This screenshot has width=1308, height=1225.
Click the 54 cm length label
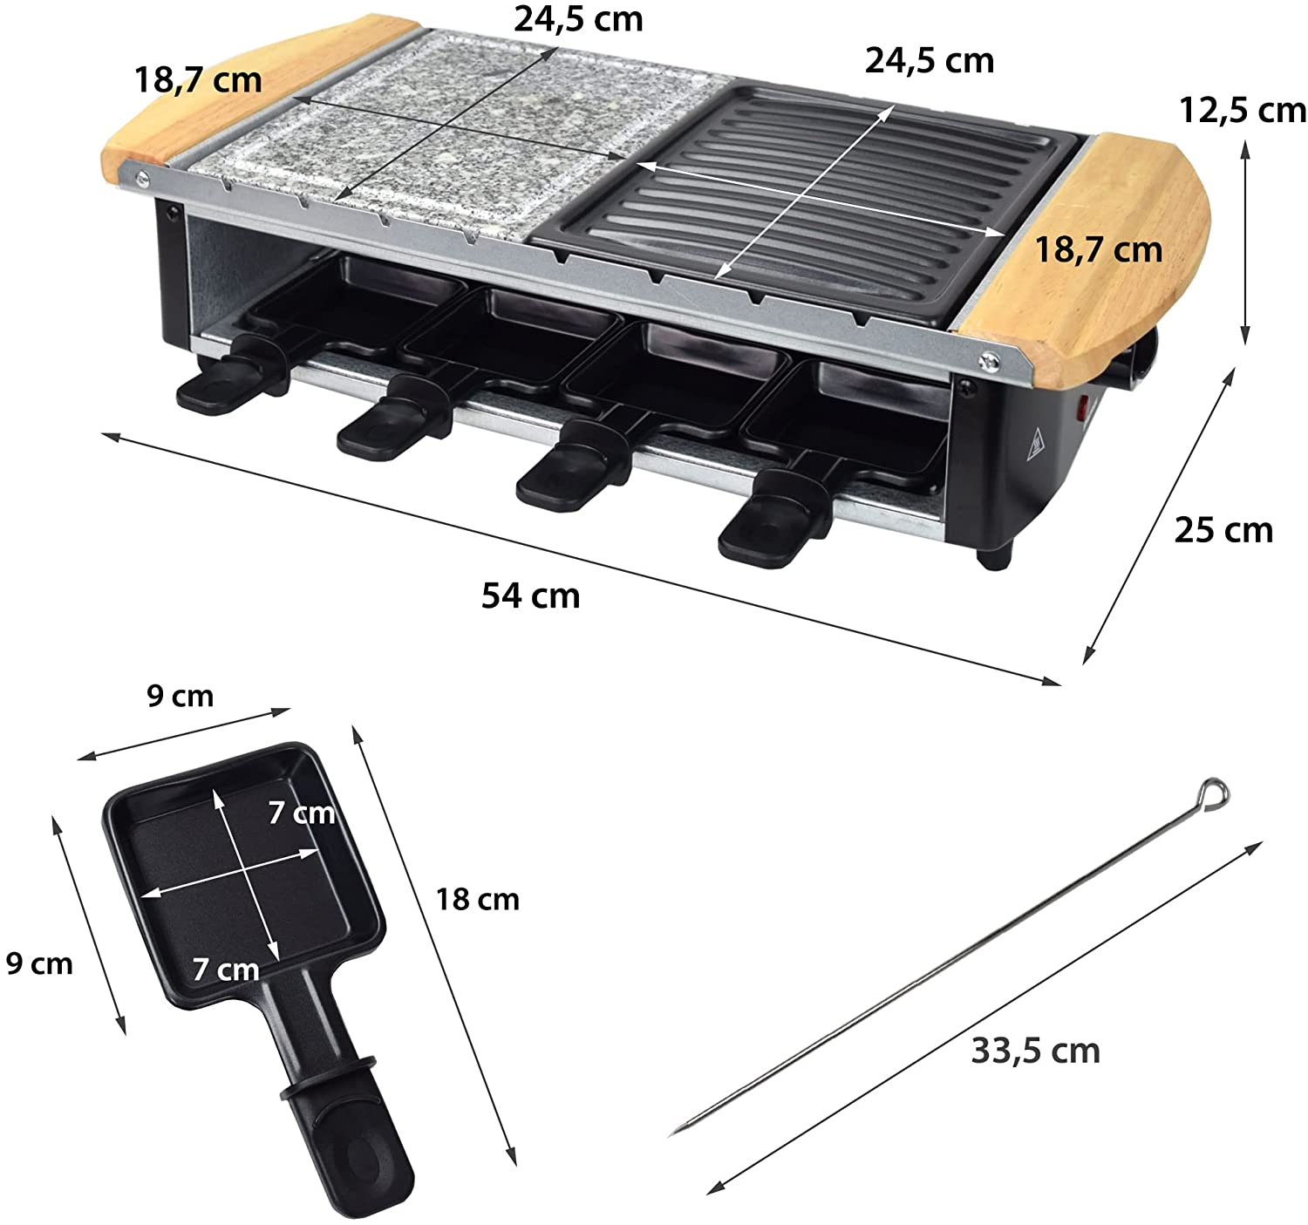pyautogui.click(x=530, y=596)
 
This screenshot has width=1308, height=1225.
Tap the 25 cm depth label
pyautogui.click(x=1223, y=530)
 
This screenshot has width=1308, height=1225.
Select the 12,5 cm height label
pyautogui.click(x=1242, y=110)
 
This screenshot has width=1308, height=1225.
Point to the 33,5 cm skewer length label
pyautogui.click(x=1035, y=1051)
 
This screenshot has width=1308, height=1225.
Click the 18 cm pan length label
pyautogui.click(x=478, y=899)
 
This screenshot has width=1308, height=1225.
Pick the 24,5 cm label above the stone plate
pyautogui.click(x=578, y=19)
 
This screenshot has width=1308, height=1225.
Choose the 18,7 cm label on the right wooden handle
pyautogui.click(x=1099, y=249)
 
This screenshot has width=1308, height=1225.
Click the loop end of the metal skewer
pyautogui.click(x=1213, y=795)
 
